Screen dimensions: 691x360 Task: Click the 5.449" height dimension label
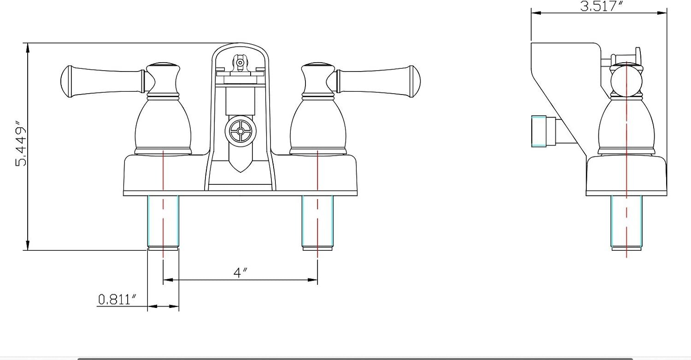21,143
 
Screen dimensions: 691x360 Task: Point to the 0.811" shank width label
117,300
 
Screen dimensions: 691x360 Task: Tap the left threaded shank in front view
163,222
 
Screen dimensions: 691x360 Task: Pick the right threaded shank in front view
317,222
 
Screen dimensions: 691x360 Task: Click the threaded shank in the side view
627,222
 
